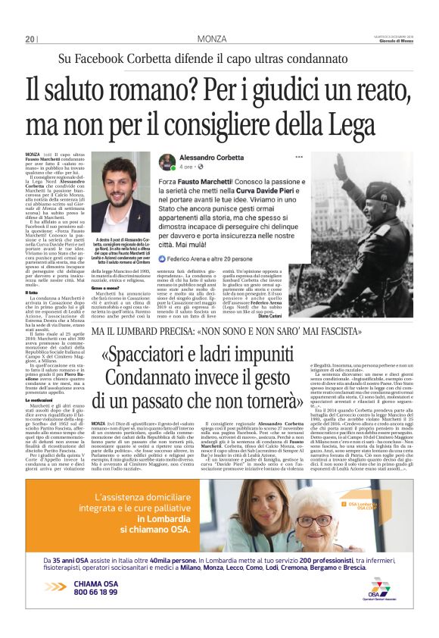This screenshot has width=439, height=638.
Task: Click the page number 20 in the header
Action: click(x=30, y=39)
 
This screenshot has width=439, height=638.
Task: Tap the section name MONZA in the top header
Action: click(x=213, y=39)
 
